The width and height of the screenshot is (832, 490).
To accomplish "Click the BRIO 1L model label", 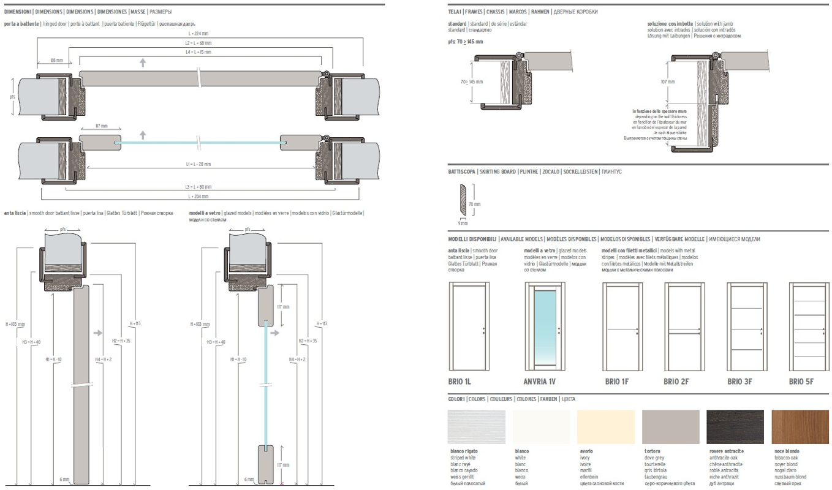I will (459, 382).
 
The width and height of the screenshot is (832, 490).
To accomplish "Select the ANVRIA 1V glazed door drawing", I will (540, 327).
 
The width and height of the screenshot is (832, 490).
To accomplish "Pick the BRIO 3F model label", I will (739, 382).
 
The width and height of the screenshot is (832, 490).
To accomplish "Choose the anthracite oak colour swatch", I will (735, 427).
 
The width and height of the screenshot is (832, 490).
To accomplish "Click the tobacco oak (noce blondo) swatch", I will (800, 427).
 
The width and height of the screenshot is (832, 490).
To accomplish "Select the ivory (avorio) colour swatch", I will (607, 427).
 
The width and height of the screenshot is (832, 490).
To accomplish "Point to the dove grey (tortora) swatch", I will (670, 427).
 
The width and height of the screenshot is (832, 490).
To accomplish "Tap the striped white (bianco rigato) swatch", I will (477, 427).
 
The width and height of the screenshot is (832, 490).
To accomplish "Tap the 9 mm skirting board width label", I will (454, 223).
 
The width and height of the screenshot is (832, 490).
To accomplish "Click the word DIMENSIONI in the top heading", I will (18, 12).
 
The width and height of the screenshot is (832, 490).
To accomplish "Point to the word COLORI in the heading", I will (456, 399).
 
